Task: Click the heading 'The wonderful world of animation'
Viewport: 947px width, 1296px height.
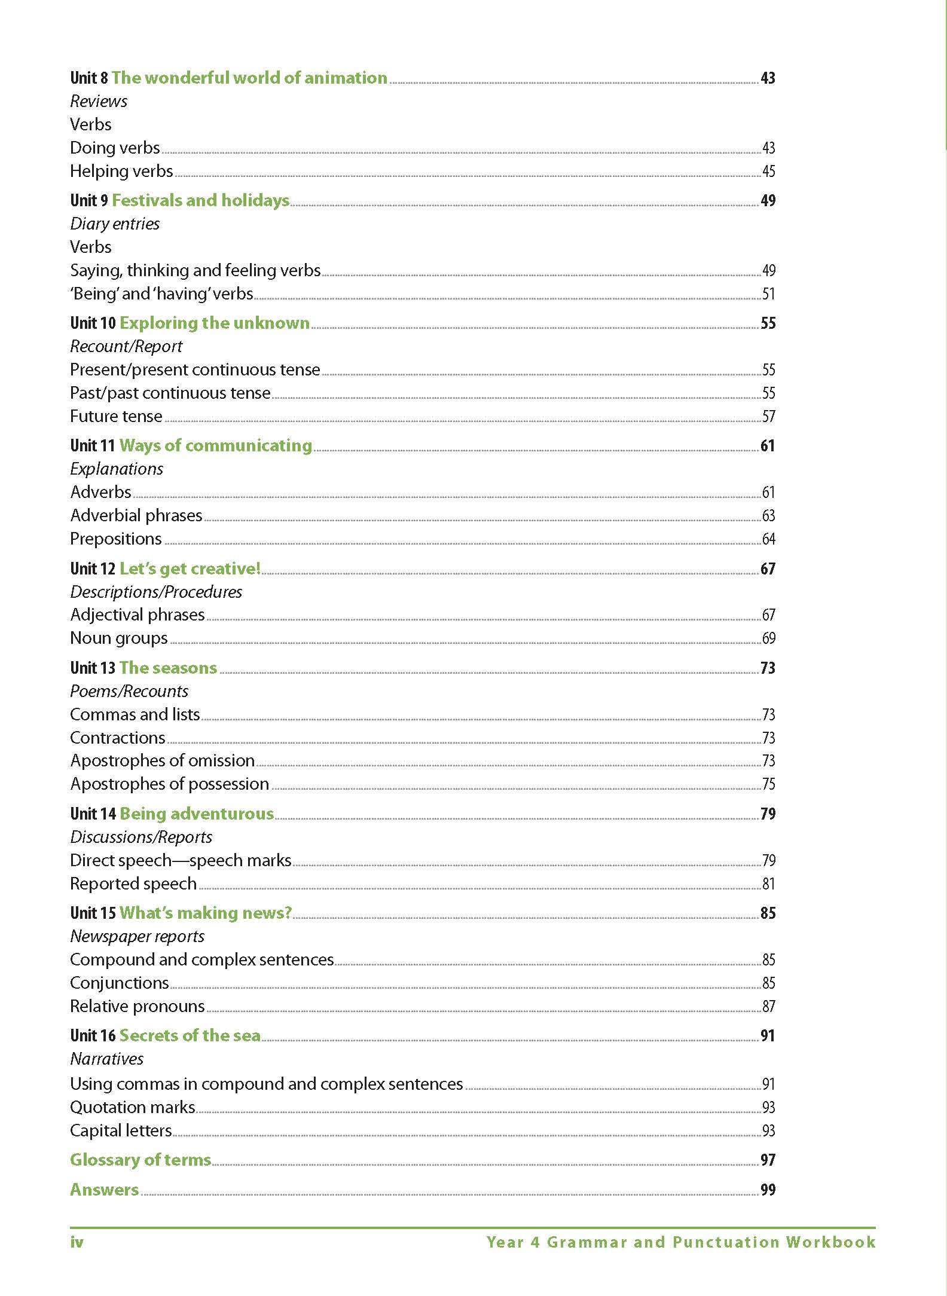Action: (249, 78)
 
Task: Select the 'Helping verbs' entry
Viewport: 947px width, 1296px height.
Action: (121, 172)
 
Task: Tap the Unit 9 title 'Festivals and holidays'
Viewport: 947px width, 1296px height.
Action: (200, 200)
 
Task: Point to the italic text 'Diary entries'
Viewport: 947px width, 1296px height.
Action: (115, 224)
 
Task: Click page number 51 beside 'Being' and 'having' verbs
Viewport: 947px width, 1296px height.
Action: (768, 294)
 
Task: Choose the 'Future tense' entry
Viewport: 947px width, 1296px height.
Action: (116, 417)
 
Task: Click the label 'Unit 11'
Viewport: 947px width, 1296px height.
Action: (92, 446)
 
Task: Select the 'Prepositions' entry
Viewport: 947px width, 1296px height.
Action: (116, 539)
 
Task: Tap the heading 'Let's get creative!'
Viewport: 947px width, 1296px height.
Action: (190, 568)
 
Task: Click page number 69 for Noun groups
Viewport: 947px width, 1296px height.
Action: (768, 638)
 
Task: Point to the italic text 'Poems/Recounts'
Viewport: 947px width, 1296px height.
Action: (129, 692)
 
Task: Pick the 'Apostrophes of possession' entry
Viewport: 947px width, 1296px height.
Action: (169, 784)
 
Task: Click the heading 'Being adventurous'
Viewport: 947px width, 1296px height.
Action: (197, 814)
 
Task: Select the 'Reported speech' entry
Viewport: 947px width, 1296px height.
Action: (133, 884)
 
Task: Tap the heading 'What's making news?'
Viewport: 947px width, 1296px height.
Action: (206, 913)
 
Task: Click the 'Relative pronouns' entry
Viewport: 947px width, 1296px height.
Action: (138, 1007)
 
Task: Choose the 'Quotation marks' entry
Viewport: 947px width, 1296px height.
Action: (133, 1108)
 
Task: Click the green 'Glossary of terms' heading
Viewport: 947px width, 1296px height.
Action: (140, 1160)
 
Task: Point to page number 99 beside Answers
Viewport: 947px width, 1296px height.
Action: (768, 1190)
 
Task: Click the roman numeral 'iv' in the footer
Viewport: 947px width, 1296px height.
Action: (77, 1243)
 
